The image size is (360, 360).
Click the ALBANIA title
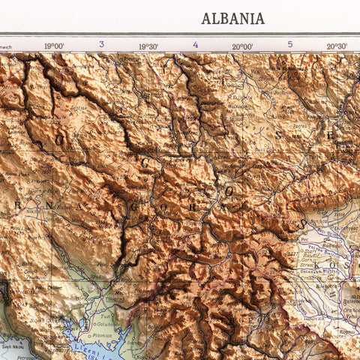pyautogui.click(x=232, y=19)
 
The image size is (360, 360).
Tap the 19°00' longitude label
pyautogui.click(x=53, y=46)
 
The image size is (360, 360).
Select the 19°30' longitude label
pyautogui.click(x=148, y=46)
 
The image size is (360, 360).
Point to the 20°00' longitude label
pyautogui.click(x=242, y=46)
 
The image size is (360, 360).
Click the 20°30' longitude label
pyautogui.click(x=337, y=46)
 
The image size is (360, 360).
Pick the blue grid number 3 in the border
pyautogui.click(x=101, y=44)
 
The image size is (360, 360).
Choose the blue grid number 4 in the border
pyautogui.click(x=196, y=44)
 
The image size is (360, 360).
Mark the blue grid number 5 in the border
pyautogui.click(x=290, y=44)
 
